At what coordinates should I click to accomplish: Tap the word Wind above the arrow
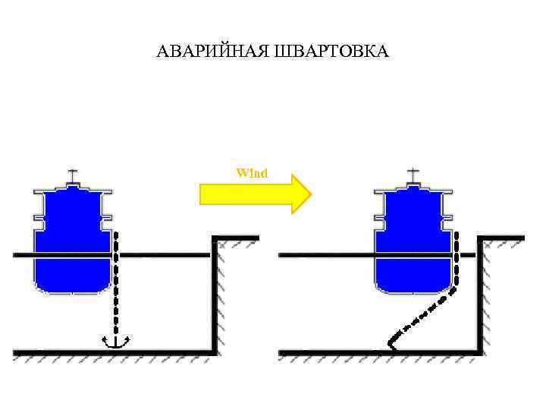pos(252,173)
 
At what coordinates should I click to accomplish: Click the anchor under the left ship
pos(115,342)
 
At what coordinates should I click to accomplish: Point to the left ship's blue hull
pos(73,243)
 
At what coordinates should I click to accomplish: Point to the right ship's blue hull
pos(413,243)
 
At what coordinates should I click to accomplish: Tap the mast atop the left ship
pos(73,177)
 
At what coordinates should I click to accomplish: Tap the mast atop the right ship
pos(413,177)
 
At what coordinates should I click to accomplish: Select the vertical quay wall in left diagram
pos(215,296)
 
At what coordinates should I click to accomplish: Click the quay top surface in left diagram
pos(236,238)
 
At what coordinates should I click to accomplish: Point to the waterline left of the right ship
pos(326,256)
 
